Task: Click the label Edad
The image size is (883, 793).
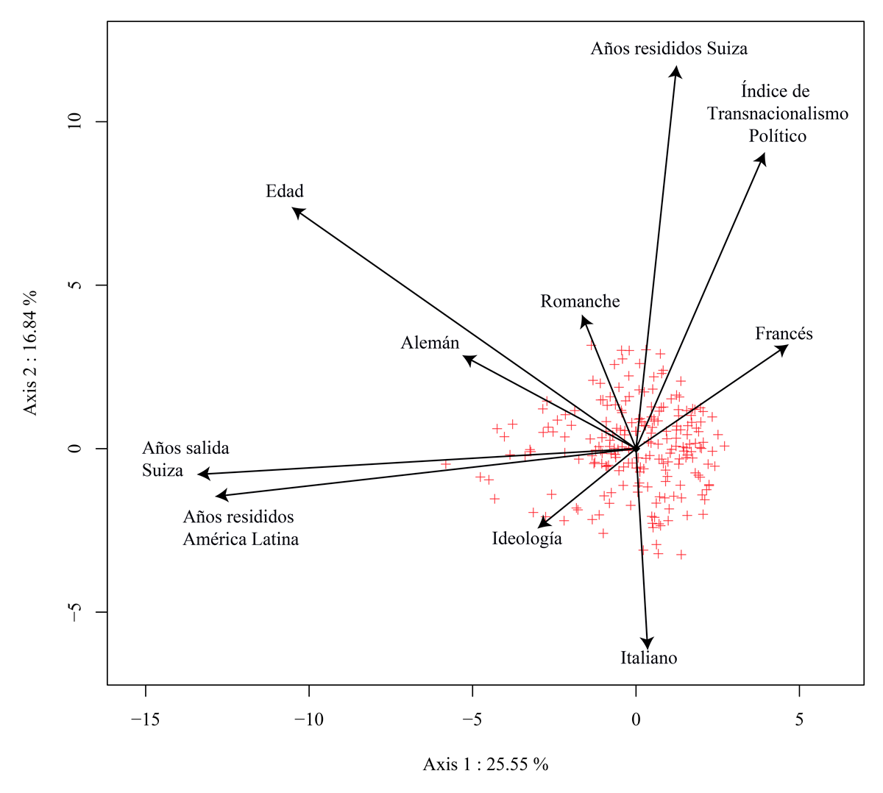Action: point(285,191)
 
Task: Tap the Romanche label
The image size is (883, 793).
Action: point(580,302)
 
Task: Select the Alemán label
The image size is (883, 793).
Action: point(430,343)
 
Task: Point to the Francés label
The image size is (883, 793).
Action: point(784,334)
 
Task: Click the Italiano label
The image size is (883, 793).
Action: point(648,658)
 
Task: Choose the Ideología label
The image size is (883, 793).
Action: point(527,539)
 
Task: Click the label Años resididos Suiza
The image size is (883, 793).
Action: point(669,49)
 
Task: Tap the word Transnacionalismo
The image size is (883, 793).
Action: point(778,114)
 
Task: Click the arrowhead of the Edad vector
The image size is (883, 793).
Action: point(296,210)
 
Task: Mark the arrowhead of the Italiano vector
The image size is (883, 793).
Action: point(648,645)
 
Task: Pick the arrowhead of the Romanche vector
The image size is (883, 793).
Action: point(584,319)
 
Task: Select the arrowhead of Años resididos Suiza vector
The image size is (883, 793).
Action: point(675,70)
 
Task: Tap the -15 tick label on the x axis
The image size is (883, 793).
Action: point(146,719)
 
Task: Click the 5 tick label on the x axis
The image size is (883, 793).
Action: point(799,719)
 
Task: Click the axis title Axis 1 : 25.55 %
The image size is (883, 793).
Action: point(486,764)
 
